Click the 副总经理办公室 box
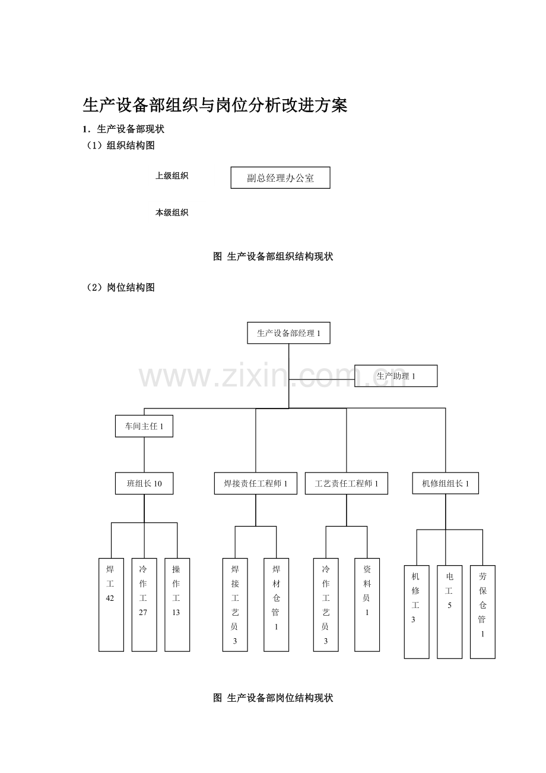(x=280, y=178)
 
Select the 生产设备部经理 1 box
(x=288, y=333)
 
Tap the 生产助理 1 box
(x=396, y=376)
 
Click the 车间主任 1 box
(x=144, y=426)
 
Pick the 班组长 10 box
(x=144, y=483)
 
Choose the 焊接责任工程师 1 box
(x=255, y=483)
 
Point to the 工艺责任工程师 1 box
(x=346, y=483)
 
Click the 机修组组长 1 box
(x=445, y=483)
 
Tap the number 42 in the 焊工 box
(x=110, y=598)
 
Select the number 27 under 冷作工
(x=143, y=613)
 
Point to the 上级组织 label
(x=172, y=176)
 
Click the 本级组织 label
(x=172, y=212)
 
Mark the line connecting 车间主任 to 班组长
(x=144, y=455)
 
